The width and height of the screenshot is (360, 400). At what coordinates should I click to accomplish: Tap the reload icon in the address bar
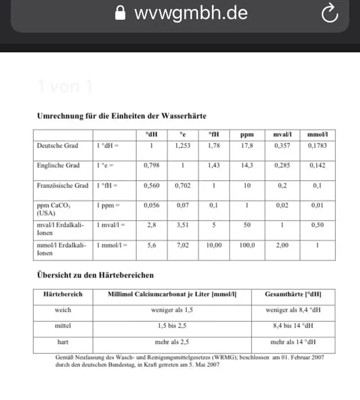tap(330, 14)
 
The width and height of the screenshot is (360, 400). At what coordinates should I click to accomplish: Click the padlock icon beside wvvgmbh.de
tap(120, 13)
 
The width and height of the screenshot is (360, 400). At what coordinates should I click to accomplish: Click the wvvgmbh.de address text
tap(191, 13)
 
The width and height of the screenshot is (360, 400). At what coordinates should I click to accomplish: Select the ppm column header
tap(247, 135)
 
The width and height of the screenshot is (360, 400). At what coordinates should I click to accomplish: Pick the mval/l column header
tap(282, 135)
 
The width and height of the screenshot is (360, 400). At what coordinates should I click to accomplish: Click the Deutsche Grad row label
tap(57, 146)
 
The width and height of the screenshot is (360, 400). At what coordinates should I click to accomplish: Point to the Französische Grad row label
tap(62, 186)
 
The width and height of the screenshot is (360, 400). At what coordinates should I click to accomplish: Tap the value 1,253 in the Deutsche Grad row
tap(183, 146)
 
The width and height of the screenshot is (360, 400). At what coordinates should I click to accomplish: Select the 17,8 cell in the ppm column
tap(247, 146)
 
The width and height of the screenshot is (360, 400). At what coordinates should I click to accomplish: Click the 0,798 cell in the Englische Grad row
tap(151, 165)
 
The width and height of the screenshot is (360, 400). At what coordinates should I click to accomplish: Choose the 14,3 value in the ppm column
tap(247, 165)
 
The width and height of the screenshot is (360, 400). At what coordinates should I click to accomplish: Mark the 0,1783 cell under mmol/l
tap(317, 146)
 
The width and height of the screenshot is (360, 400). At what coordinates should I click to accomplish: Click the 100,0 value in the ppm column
tap(247, 245)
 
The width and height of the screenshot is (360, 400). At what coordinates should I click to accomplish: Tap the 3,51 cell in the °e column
tap(183, 225)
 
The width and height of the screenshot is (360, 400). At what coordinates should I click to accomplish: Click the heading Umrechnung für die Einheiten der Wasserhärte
tap(121, 116)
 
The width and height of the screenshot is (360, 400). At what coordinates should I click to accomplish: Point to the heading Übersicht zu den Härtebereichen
tap(95, 275)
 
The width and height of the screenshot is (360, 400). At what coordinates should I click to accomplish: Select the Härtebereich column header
tap(62, 294)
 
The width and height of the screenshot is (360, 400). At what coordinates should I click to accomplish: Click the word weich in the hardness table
tap(62, 310)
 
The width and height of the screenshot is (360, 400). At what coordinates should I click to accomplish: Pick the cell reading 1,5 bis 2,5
tap(172, 326)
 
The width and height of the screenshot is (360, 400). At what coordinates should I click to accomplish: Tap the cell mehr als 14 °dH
tap(293, 341)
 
